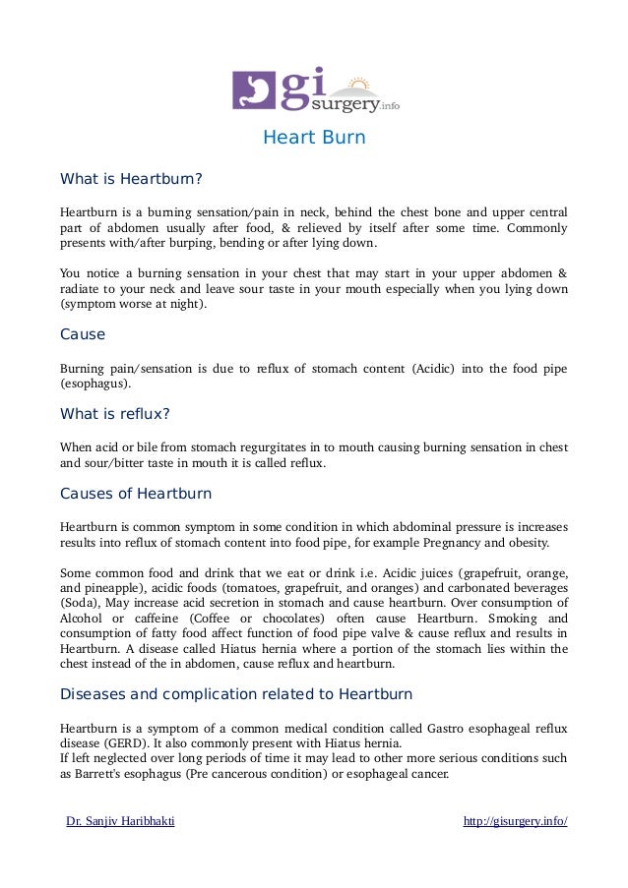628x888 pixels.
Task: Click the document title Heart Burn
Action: coord(313,138)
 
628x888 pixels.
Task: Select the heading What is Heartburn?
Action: coord(131,180)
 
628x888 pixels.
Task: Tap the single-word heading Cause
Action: coord(83,334)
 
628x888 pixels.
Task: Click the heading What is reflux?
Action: coord(115,413)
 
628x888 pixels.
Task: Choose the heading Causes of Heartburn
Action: coord(136,493)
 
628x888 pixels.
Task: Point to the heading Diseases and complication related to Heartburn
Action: coord(236,693)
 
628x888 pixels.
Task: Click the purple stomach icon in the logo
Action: coord(250,89)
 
